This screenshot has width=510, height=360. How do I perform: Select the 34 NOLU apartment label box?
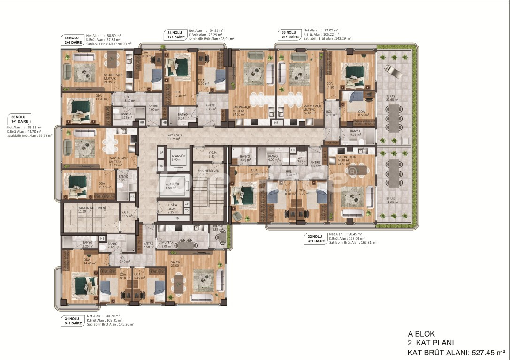click(x=175, y=35)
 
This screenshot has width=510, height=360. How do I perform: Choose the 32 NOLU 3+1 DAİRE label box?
click(x=317, y=238)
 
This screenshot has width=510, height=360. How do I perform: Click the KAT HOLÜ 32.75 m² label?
click(x=174, y=138)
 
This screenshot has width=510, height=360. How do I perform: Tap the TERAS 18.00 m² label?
click(x=391, y=200)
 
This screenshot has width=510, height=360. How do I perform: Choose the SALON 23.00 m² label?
click(x=176, y=263)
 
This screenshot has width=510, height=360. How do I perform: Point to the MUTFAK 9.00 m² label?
click(x=168, y=245)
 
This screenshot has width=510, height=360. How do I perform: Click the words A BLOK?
click(x=421, y=334)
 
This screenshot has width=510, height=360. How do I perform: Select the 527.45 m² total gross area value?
click(x=488, y=352)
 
